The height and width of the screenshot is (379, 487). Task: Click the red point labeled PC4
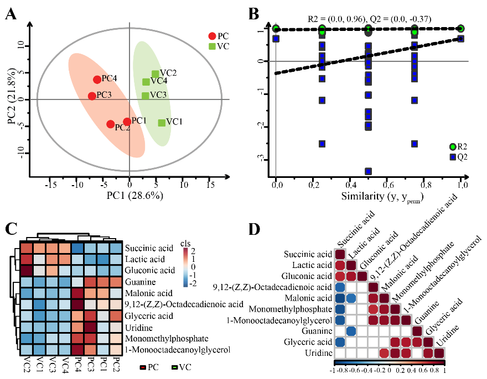[x=97, y=80]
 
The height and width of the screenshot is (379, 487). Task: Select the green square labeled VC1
[x=162, y=123]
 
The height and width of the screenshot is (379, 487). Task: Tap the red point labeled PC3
[x=92, y=96]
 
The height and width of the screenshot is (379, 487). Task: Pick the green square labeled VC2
[x=156, y=74]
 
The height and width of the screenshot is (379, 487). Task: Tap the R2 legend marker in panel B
[x=453, y=146]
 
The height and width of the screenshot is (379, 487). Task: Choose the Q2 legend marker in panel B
[x=453, y=157]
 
